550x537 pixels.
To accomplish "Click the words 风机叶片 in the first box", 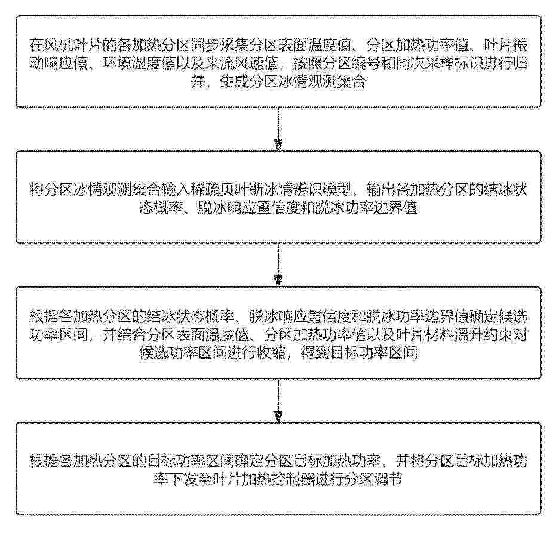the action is pos(73,45).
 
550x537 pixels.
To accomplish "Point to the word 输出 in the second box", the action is pos(381,190).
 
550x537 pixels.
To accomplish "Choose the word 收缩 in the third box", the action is pos(272,353).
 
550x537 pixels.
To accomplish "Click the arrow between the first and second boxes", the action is pos(278,129).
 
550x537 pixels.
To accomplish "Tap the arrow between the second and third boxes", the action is pos(278,265).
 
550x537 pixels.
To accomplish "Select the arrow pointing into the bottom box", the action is pos(278,401).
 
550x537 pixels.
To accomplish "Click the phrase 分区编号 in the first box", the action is pos(352,63).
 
